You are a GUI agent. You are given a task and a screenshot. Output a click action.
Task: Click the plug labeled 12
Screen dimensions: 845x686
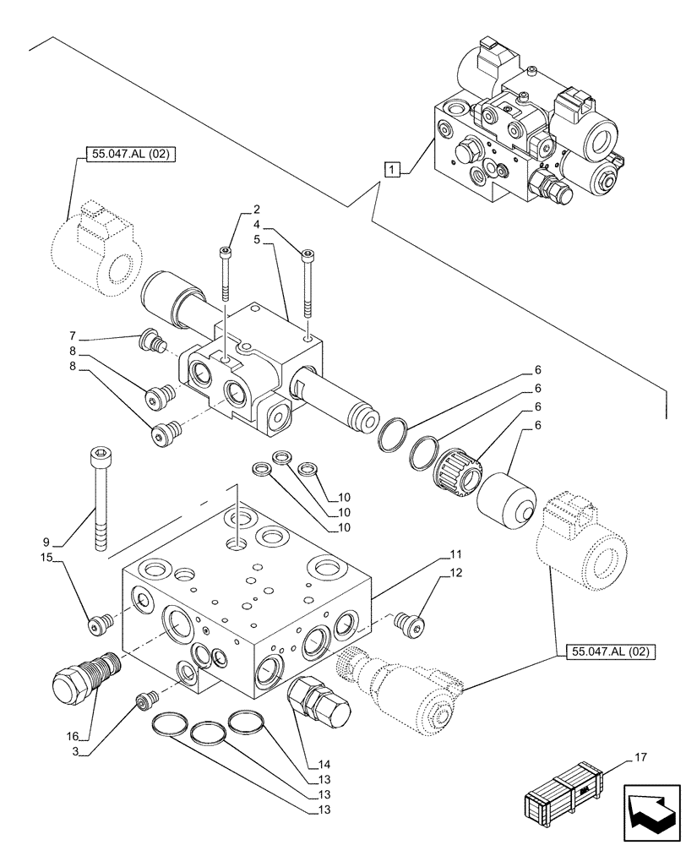412,624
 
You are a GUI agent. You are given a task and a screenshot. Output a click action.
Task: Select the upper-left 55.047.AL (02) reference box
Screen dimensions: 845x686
128,155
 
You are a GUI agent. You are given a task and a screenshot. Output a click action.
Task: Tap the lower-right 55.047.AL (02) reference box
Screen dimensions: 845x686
607,651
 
